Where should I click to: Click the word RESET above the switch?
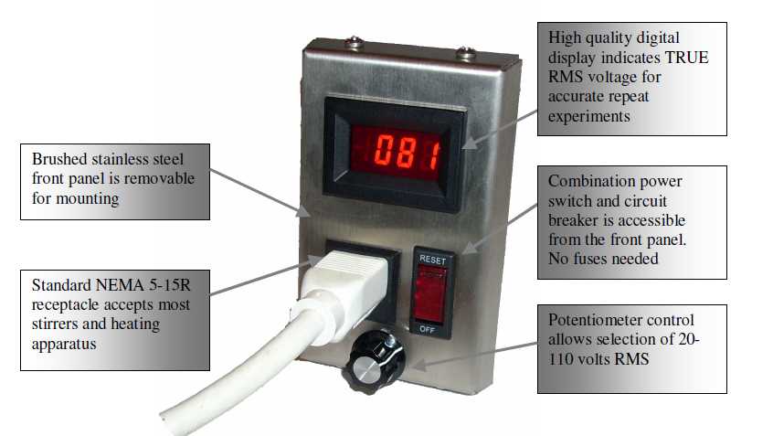pyautogui.click(x=432, y=259)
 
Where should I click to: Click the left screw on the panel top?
pyautogui.click(x=355, y=42)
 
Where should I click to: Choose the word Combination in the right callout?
pyautogui.click(x=590, y=182)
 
